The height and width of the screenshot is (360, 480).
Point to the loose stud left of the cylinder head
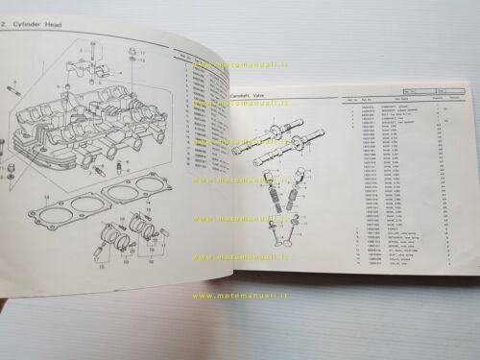point(13,89)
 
